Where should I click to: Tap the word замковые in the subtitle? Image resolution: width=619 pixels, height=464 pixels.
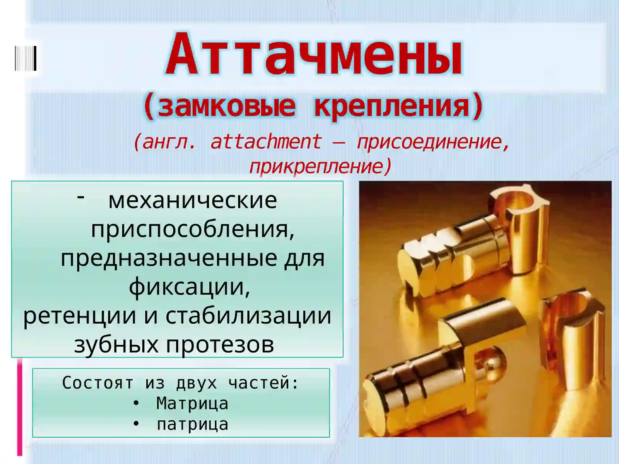[227, 106]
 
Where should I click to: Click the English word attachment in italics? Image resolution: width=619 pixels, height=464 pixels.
[266, 142]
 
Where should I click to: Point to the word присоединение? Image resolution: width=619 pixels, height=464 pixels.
[433, 142]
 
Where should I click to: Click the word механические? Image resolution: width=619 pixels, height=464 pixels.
[193, 200]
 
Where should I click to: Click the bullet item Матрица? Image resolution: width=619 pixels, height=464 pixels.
[192, 404]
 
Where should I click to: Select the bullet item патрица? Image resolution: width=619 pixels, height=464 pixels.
[192, 424]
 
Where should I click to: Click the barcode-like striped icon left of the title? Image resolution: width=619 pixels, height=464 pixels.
[26, 58]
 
